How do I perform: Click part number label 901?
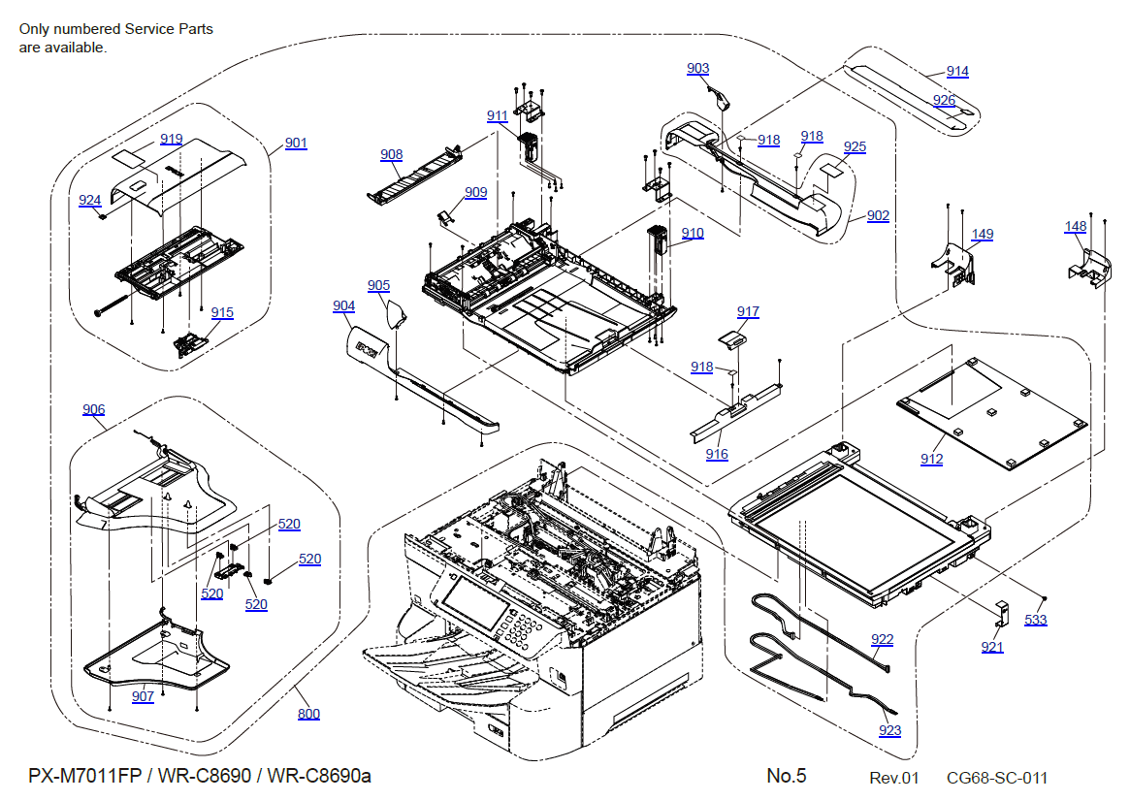(296, 144)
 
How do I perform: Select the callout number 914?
(957, 72)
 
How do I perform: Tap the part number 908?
(392, 155)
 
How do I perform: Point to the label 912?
(931, 459)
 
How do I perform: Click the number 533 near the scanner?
(1036, 620)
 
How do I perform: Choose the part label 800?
(308, 715)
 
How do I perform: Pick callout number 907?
(143, 696)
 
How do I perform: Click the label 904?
(343, 306)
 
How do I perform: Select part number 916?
(717, 454)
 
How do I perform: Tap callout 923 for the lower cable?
(889, 731)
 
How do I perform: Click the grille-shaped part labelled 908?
(412, 176)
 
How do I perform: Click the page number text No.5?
(786, 776)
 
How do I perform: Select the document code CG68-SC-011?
(996, 778)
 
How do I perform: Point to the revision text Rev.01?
(893, 778)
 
